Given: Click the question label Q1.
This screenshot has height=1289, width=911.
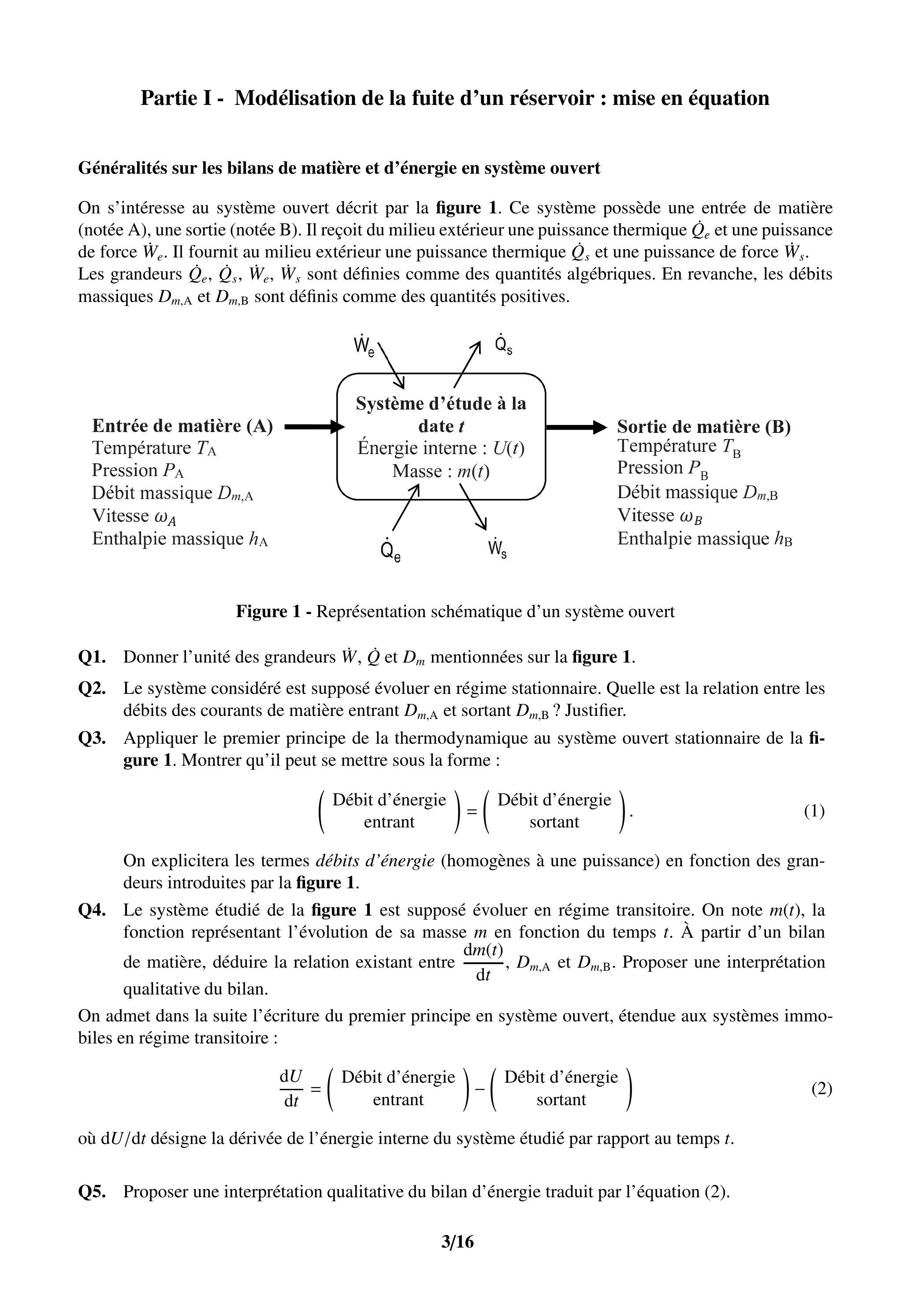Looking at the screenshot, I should click(x=92, y=657).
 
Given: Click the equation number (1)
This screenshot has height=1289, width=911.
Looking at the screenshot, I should click(x=814, y=811).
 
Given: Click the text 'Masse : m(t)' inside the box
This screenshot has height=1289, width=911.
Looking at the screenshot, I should click(x=441, y=471).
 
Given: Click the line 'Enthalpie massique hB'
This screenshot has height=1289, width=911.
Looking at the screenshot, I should click(x=704, y=539).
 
